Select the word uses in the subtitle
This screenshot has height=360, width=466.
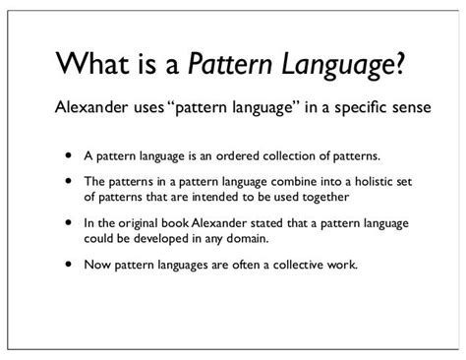pyautogui.click(x=141, y=107)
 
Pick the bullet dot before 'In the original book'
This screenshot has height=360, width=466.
pyautogui.click(x=68, y=222)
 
